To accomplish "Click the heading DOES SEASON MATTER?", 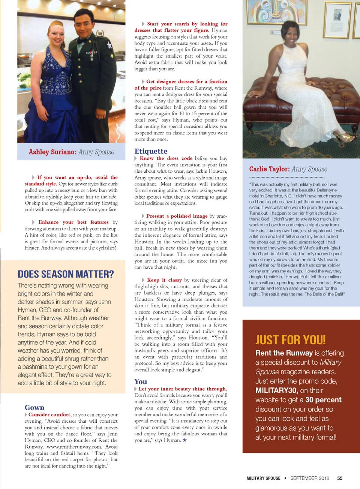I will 66,274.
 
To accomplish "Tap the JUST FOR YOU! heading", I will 290,340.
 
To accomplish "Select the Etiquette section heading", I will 151,151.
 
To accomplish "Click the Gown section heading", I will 34,408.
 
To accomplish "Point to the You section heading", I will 141,382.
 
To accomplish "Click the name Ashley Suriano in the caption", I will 52,152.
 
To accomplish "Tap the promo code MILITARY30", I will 276,390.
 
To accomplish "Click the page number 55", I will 340,479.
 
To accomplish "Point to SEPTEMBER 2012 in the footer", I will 310,479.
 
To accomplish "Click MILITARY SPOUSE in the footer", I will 263,479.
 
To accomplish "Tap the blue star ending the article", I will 184,440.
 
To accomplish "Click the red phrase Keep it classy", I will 164,280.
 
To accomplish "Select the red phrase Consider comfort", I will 49,415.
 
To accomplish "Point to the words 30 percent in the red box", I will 323,400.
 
